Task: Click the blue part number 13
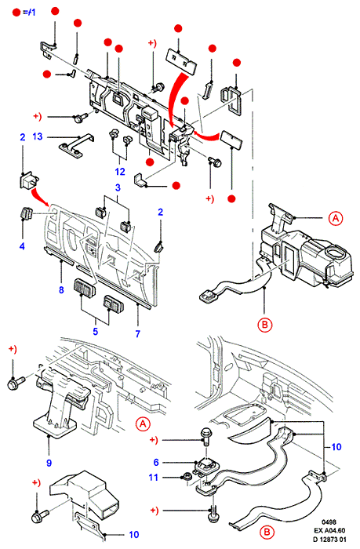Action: click(x=38, y=136)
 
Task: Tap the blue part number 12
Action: click(x=120, y=172)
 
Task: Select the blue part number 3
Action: click(x=118, y=187)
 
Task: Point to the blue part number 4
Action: click(x=22, y=246)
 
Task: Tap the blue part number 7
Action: click(x=137, y=334)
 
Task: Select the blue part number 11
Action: click(x=154, y=477)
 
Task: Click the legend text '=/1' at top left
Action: click(x=29, y=13)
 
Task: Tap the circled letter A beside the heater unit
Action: click(x=336, y=218)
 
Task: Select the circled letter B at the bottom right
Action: click(x=267, y=533)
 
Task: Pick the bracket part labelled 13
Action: click(x=76, y=144)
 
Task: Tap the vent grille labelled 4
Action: click(x=26, y=213)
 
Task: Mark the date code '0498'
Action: click(x=329, y=522)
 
